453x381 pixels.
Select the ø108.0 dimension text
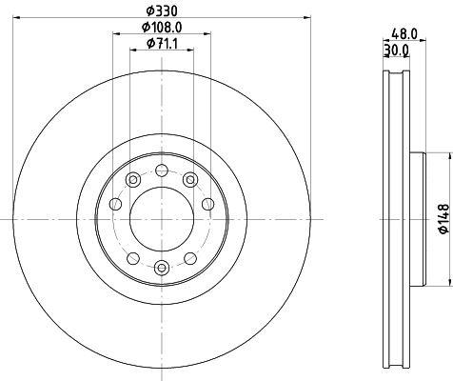162,28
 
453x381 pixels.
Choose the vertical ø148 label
443,219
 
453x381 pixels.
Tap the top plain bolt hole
162,170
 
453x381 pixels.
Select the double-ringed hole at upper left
133,180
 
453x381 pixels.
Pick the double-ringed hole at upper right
190,180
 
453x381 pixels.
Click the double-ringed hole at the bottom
162,269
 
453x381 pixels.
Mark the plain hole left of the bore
115,203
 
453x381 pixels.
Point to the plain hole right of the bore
208,203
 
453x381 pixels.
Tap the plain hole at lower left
132,258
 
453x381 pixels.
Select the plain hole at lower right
191,258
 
